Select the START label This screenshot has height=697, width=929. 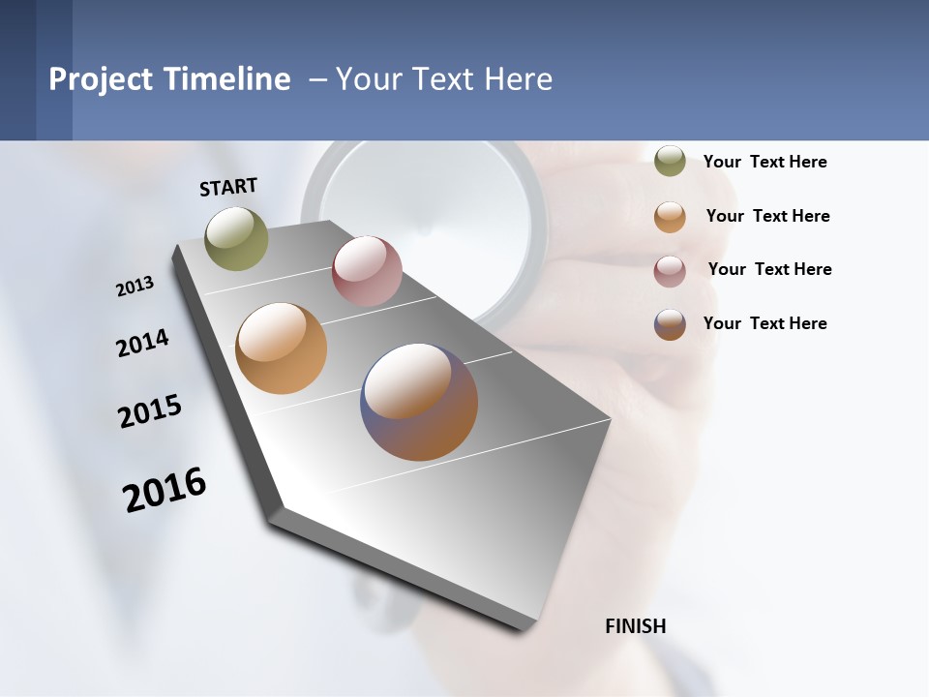coord(228,187)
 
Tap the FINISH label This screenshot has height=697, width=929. coord(635,626)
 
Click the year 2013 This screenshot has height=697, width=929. coord(135,286)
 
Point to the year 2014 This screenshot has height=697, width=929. coord(142,343)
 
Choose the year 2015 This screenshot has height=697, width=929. coord(150,410)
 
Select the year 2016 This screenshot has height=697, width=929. coord(165,489)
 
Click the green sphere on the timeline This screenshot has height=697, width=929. coord(237,238)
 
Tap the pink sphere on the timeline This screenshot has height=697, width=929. coord(367,271)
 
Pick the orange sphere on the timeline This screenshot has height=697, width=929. coord(281,348)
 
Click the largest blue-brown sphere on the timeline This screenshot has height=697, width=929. coord(419,402)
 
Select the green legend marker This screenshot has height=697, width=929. coord(670,162)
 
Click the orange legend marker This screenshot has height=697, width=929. coord(670,216)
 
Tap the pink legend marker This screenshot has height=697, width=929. coord(670,270)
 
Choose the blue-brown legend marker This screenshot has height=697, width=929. coord(670,324)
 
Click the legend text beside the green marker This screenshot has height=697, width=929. coord(764,162)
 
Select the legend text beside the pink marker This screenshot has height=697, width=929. coord(769,269)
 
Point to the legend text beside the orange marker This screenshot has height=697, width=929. coord(767,216)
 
